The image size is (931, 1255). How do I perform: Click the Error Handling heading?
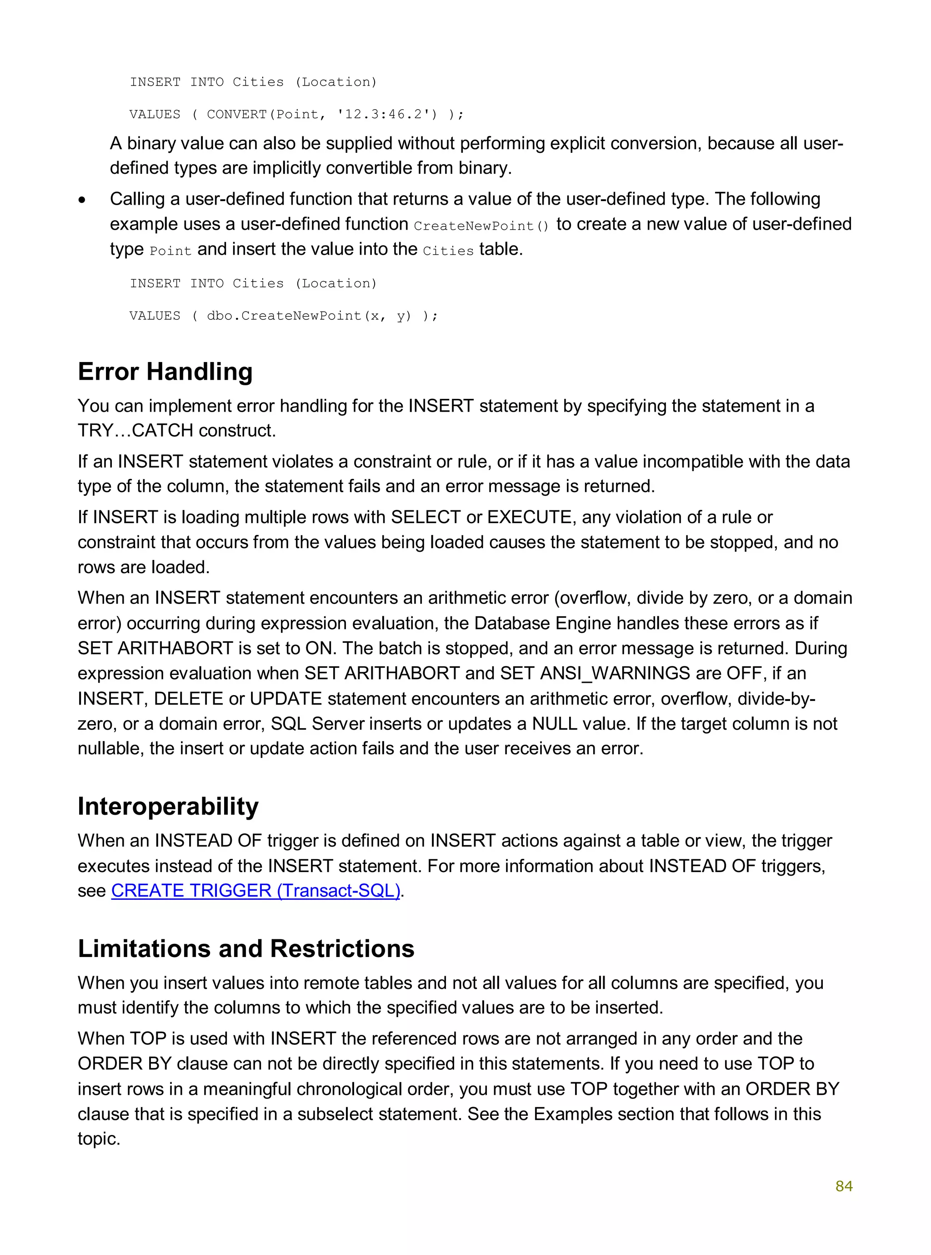165,372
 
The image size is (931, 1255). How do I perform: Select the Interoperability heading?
168,806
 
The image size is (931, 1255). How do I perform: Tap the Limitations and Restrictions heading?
246,948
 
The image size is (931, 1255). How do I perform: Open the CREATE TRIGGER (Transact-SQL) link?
255,890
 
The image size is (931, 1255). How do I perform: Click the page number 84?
844,1186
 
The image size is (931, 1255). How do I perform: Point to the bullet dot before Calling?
83,200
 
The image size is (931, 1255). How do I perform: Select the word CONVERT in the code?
237,115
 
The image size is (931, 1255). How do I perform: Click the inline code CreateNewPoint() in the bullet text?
481,226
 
